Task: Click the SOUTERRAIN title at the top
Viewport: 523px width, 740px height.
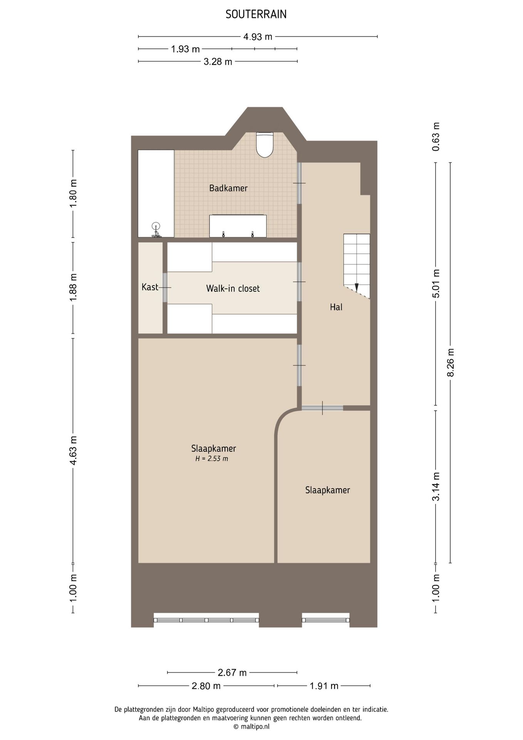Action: [x=256, y=15]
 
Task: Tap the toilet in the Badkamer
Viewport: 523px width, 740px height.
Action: [x=265, y=145]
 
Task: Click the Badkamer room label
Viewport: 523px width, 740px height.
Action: [x=228, y=188]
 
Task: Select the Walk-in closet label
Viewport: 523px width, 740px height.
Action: [x=233, y=288]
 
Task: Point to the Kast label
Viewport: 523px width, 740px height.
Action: [x=150, y=287]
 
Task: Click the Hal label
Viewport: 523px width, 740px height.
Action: [x=336, y=307]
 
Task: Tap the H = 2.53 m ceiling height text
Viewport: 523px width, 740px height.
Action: [x=211, y=459]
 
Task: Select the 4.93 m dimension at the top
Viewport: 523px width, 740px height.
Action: [x=258, y=37]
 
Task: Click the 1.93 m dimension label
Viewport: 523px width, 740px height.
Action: [x=185, y=49]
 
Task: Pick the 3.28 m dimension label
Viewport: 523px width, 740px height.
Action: [x=218, y=62]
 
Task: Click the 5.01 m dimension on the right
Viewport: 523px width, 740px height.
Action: [x=436, y=283]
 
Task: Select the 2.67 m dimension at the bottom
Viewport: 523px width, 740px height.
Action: [x=232, y=673]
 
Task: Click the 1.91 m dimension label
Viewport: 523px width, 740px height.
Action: [x=324, y=686]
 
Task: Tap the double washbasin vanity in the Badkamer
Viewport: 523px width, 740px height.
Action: [x=238, y=226]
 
